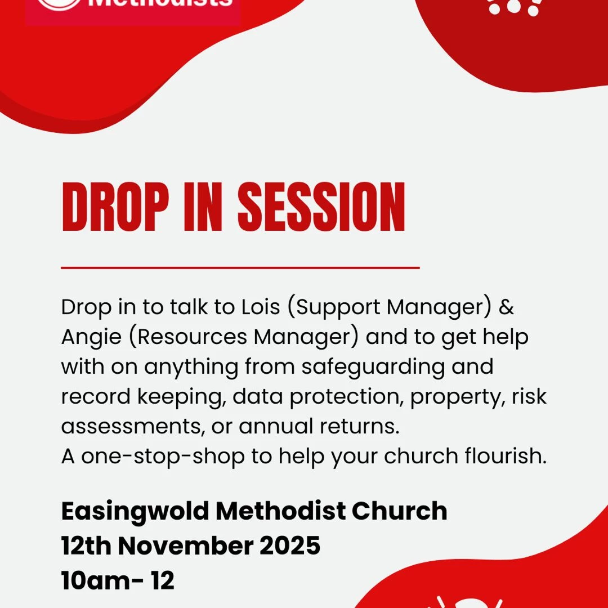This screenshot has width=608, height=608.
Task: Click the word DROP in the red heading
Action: pos(115,208)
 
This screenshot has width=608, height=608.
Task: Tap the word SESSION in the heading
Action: pos(321,208)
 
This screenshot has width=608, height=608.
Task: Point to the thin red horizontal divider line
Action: pos(240,268)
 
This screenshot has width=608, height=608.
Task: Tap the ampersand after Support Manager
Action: pos(507,307)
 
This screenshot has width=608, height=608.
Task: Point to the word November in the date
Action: pos(196,546)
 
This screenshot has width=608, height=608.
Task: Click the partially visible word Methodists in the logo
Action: pos(160,3)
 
